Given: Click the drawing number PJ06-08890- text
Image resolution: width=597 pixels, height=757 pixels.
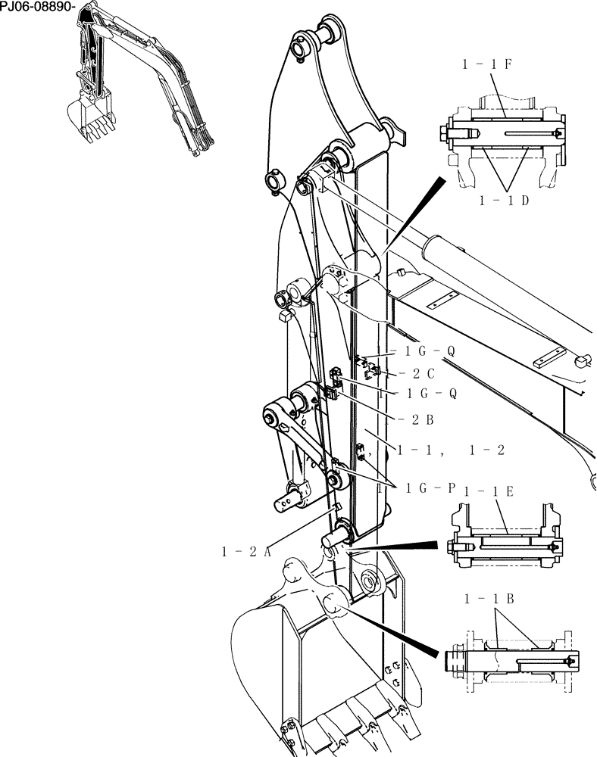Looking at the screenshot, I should point(38,6).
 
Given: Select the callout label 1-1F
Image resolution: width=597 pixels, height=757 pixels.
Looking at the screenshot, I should point(488,65).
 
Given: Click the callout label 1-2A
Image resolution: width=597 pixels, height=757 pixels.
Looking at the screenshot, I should point(246,552).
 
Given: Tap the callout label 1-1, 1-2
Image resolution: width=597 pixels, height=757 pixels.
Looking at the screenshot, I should point(451,449).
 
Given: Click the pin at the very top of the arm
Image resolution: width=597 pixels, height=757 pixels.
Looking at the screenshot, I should point(329,33).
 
